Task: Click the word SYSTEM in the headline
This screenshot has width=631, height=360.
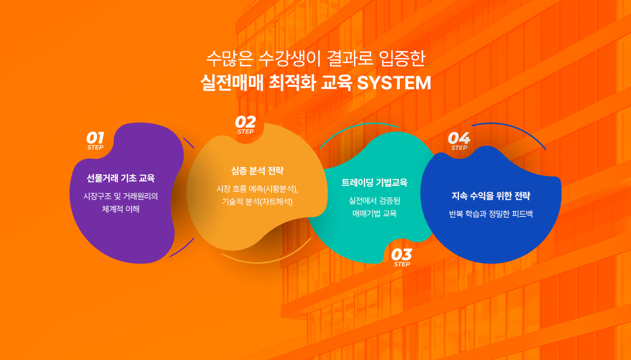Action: pos(394,83)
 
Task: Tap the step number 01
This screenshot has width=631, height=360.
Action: pos(95,138)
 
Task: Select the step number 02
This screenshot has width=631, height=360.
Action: pos(245,122)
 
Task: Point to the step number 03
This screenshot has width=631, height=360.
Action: pos(402,254)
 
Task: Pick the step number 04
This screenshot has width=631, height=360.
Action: pos(459,138)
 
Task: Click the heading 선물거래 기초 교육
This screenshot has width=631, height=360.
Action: pos(121,178)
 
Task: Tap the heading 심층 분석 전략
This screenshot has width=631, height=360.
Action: pos(257,171)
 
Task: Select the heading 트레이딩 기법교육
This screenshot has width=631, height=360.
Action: pos(374,182)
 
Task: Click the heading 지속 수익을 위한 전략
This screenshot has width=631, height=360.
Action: pos(491,195)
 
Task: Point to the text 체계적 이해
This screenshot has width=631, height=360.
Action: pos(121,209)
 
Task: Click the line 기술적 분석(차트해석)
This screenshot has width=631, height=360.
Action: pos(257,202)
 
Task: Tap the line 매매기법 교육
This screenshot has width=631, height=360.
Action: pos(374,214)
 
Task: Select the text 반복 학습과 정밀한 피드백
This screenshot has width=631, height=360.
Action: pos(491,214)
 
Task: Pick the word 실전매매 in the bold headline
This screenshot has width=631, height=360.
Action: pos(232,83)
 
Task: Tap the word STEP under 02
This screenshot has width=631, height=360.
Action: pos(245,132)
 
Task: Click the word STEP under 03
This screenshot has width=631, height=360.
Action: pos(402,264)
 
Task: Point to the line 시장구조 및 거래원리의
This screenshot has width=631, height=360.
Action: pos(121,196)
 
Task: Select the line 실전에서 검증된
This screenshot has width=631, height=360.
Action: pos(374,201)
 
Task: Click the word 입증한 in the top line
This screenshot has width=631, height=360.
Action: pos(402,59)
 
